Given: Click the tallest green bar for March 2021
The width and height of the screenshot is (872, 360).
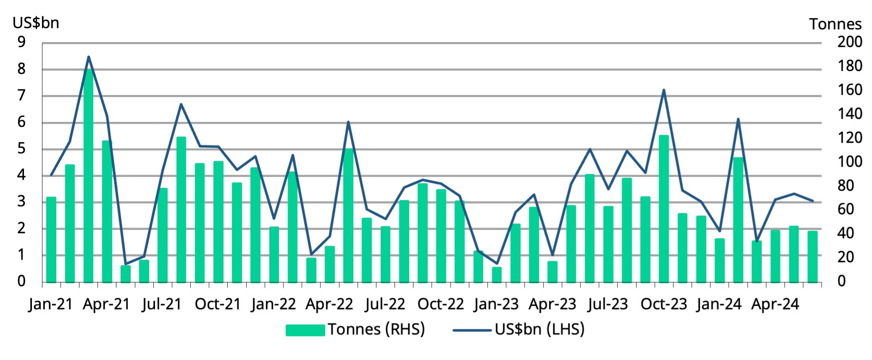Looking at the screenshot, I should [88, 176].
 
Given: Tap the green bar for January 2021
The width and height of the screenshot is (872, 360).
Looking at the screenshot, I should [51, 239].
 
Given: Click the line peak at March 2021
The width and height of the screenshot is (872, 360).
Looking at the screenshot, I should [88, 57].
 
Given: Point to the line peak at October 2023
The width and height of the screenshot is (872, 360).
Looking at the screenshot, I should [664, 90].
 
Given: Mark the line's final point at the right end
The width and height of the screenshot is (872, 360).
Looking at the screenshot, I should [813, 201].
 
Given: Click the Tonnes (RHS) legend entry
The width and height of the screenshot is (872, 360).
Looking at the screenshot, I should [355, 329].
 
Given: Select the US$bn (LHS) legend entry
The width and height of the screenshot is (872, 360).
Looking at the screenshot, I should [519, 329].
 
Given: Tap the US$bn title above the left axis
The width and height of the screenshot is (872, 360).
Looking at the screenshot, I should [36, 23].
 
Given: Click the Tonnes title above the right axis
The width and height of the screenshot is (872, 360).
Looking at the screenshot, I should [835, 24].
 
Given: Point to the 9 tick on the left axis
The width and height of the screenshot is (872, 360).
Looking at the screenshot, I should [21, 42].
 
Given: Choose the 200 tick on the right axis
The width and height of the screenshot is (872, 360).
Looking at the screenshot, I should [849, 42].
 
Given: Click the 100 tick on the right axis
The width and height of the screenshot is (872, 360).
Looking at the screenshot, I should [849, 162].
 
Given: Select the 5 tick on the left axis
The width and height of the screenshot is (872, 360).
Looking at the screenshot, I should [21, 149].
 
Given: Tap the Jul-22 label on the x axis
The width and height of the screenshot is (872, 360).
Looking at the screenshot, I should [385, 304].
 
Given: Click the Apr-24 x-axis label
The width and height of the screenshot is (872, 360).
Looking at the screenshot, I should [775, 304].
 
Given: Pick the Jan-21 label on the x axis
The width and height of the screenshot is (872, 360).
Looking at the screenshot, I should [51, 304].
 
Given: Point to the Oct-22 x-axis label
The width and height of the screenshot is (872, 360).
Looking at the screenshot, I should [441, 304].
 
